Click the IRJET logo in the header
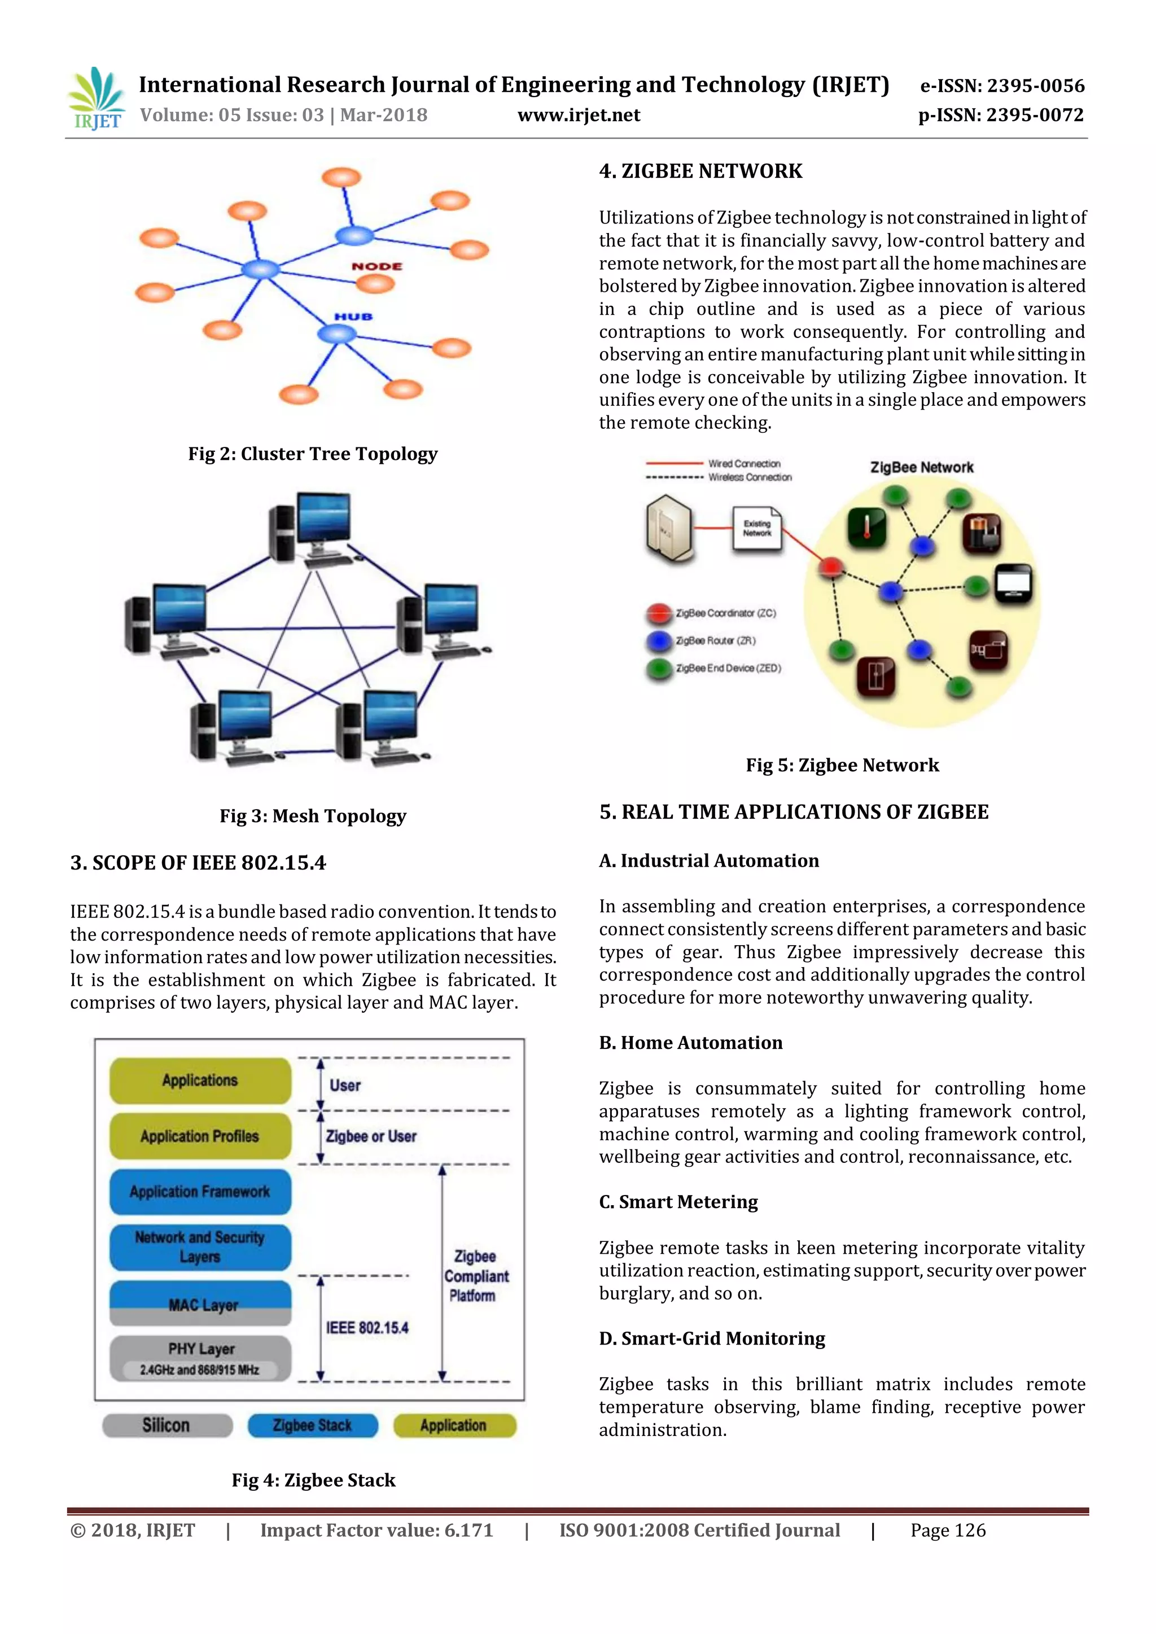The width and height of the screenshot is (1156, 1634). pos(96,99)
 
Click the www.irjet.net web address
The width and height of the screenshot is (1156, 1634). pos(578,115)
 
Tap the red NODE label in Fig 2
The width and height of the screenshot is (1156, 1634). pos(376,266)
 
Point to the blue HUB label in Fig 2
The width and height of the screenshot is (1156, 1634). pos(354,317)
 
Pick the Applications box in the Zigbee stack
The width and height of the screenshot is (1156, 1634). pos(200,1080)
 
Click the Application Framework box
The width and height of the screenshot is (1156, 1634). pos(200,1191)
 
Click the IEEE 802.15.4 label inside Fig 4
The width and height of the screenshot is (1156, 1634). pos(367,1328)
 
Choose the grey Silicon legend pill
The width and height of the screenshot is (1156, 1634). pos(167,1425)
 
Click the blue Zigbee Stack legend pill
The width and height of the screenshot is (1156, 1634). pos(313,1425)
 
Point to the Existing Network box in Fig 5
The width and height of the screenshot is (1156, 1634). pos(757,528)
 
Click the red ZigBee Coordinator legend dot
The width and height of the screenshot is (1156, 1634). pos(659,613)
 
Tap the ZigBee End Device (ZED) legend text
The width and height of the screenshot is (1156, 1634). pos(728,668)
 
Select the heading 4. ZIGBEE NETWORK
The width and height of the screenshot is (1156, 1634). pos(700,172)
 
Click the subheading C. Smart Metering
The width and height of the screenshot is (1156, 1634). pos(678,1202)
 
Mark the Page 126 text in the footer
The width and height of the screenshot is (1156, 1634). pos(948,1531)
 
